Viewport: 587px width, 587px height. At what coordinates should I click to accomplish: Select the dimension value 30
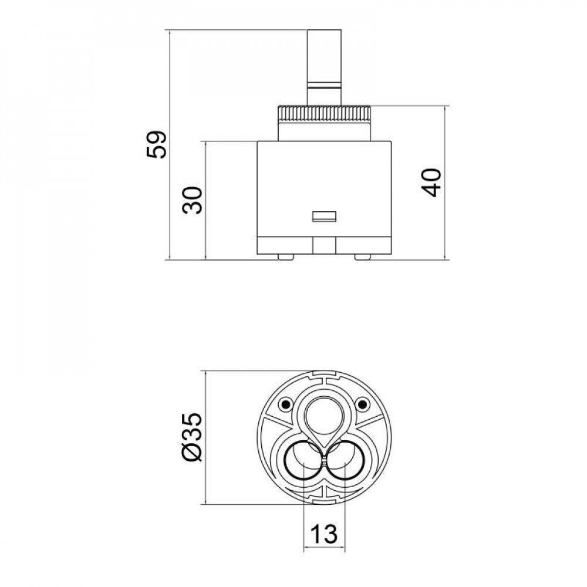click(193, 200)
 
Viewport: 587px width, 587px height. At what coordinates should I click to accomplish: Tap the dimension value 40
click(431, 182)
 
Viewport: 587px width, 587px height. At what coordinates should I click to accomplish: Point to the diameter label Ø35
click(192, 437)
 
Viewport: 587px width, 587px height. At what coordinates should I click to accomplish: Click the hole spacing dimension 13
click(323, 534)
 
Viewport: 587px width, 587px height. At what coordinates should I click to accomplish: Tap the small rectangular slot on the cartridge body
click(323, 216)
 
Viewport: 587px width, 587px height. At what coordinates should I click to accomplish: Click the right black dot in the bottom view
click(363, 404)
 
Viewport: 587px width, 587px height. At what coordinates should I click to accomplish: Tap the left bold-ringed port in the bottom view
click(302, 463)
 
